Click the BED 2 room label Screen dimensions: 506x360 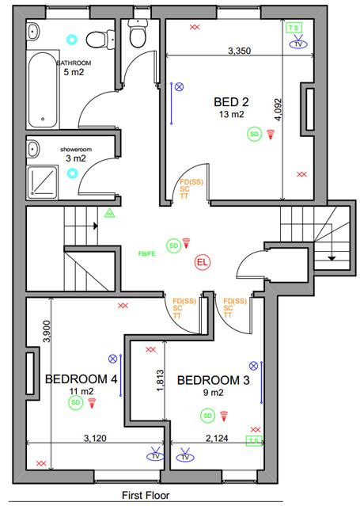(232, 102)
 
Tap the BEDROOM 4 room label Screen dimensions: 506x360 (81, 379)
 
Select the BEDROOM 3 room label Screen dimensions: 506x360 (214, 381)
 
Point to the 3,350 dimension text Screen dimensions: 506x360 (239, 51)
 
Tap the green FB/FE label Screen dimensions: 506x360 (147, 254)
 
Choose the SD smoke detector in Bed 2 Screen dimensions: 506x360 (255, 134)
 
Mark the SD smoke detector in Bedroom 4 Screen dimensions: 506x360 (76, 402)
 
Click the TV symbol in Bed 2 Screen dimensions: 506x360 (298, 44)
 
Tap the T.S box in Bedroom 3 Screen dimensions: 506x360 (254, 439)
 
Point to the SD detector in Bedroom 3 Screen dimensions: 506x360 (207, 415)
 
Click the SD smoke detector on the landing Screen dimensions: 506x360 (172, 245)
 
